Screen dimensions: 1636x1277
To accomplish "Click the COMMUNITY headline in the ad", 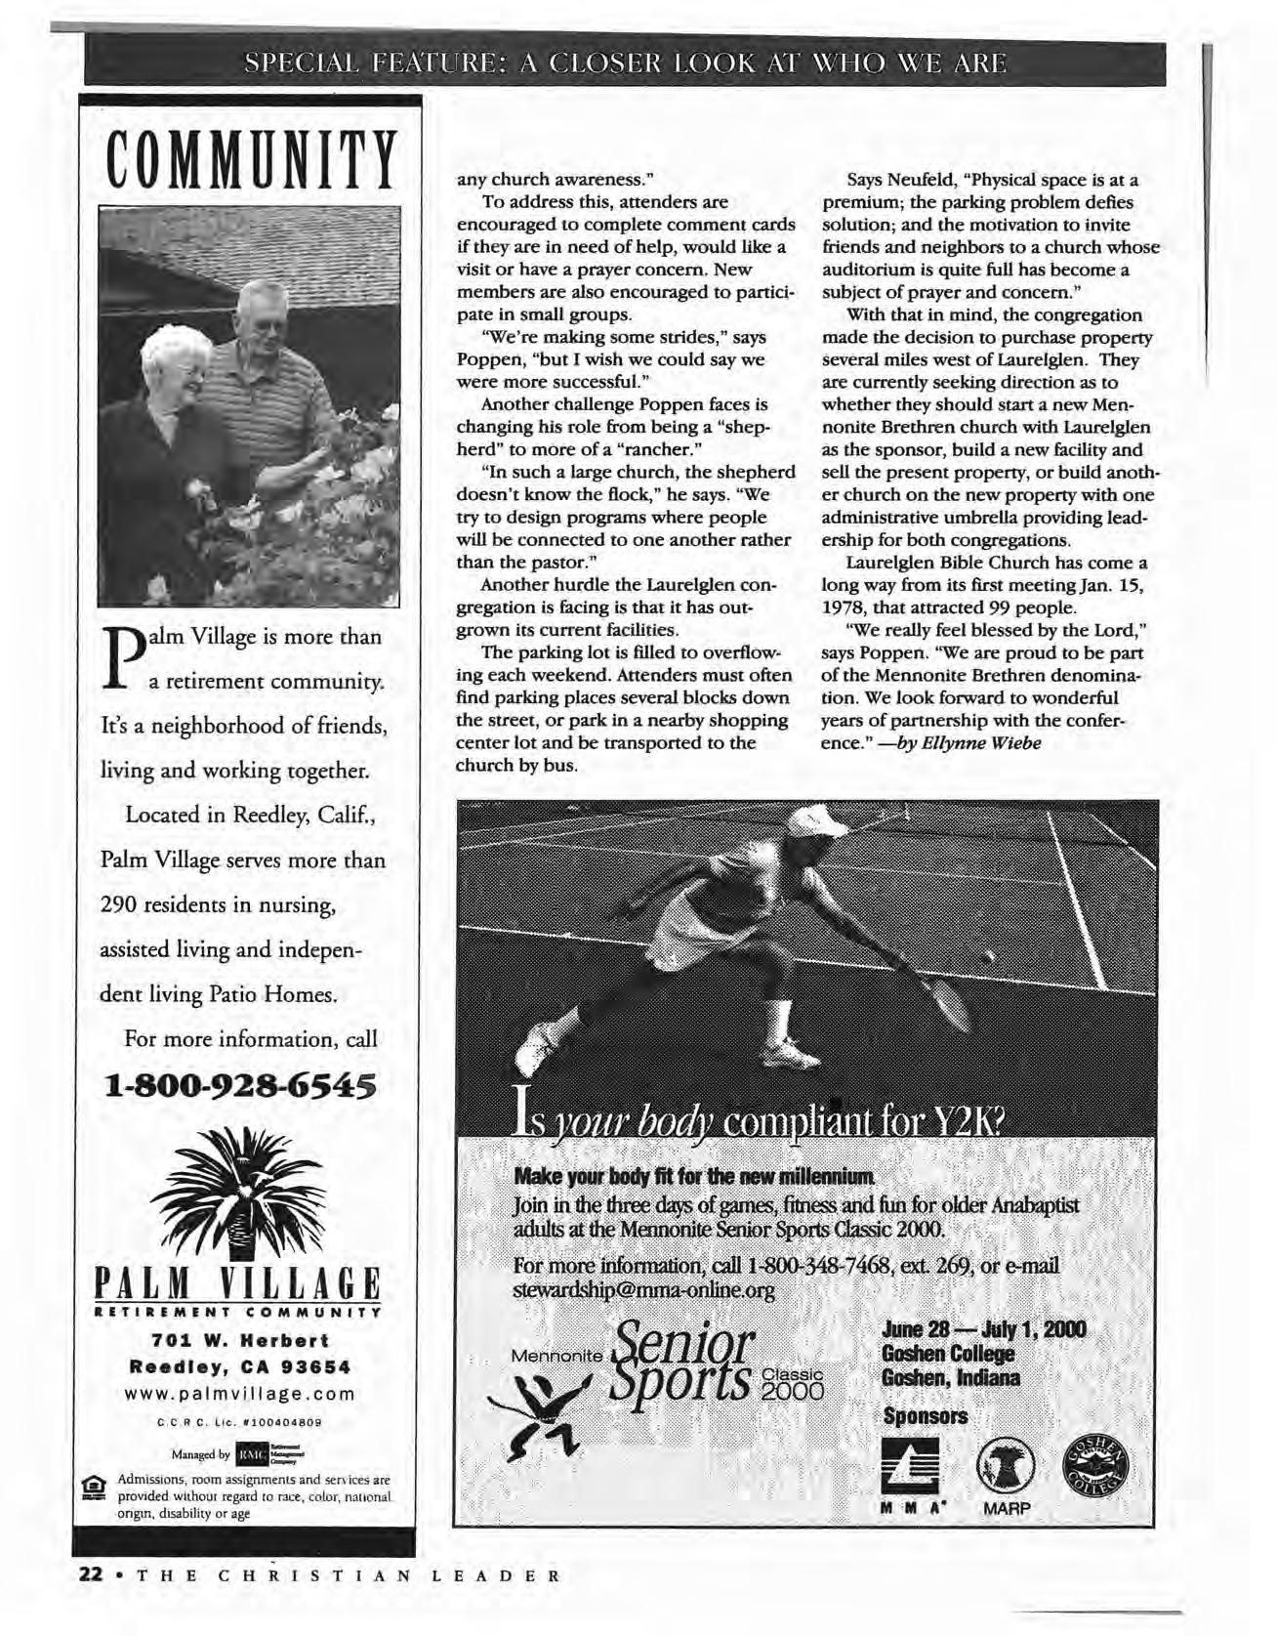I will point(250,159).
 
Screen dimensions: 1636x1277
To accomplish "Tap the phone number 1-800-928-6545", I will point(241,1084).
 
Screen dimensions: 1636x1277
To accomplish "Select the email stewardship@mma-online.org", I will point(643,1291).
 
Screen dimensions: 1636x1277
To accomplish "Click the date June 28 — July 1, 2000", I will point(983,1330).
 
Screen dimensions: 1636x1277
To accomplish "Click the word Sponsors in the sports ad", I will point(925,1415).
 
